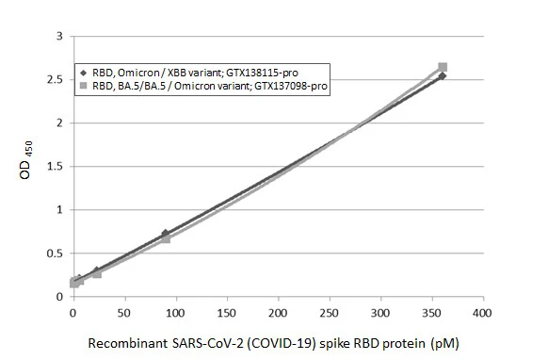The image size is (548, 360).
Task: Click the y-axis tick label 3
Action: tap(59, 36)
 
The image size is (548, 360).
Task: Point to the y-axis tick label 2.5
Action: tap(56, 79)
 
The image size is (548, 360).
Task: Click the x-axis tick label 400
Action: tap(482, 311)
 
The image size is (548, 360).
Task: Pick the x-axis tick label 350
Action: tap(431, 311)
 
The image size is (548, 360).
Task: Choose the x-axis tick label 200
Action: tap(278, 311)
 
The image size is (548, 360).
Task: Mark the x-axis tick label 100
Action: tap(175, 311)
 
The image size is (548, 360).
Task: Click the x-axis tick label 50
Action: tap(124, 311)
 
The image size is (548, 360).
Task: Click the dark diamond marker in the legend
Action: tap(83, 73)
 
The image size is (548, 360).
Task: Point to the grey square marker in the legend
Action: tap(83, 85)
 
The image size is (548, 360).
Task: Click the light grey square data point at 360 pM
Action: tap(443, 67)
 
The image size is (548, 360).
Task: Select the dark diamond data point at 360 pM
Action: tap(443, 76)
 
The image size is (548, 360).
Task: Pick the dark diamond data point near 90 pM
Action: tap(165, 233)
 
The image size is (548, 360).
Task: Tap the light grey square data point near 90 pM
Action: tap(166, 239)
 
